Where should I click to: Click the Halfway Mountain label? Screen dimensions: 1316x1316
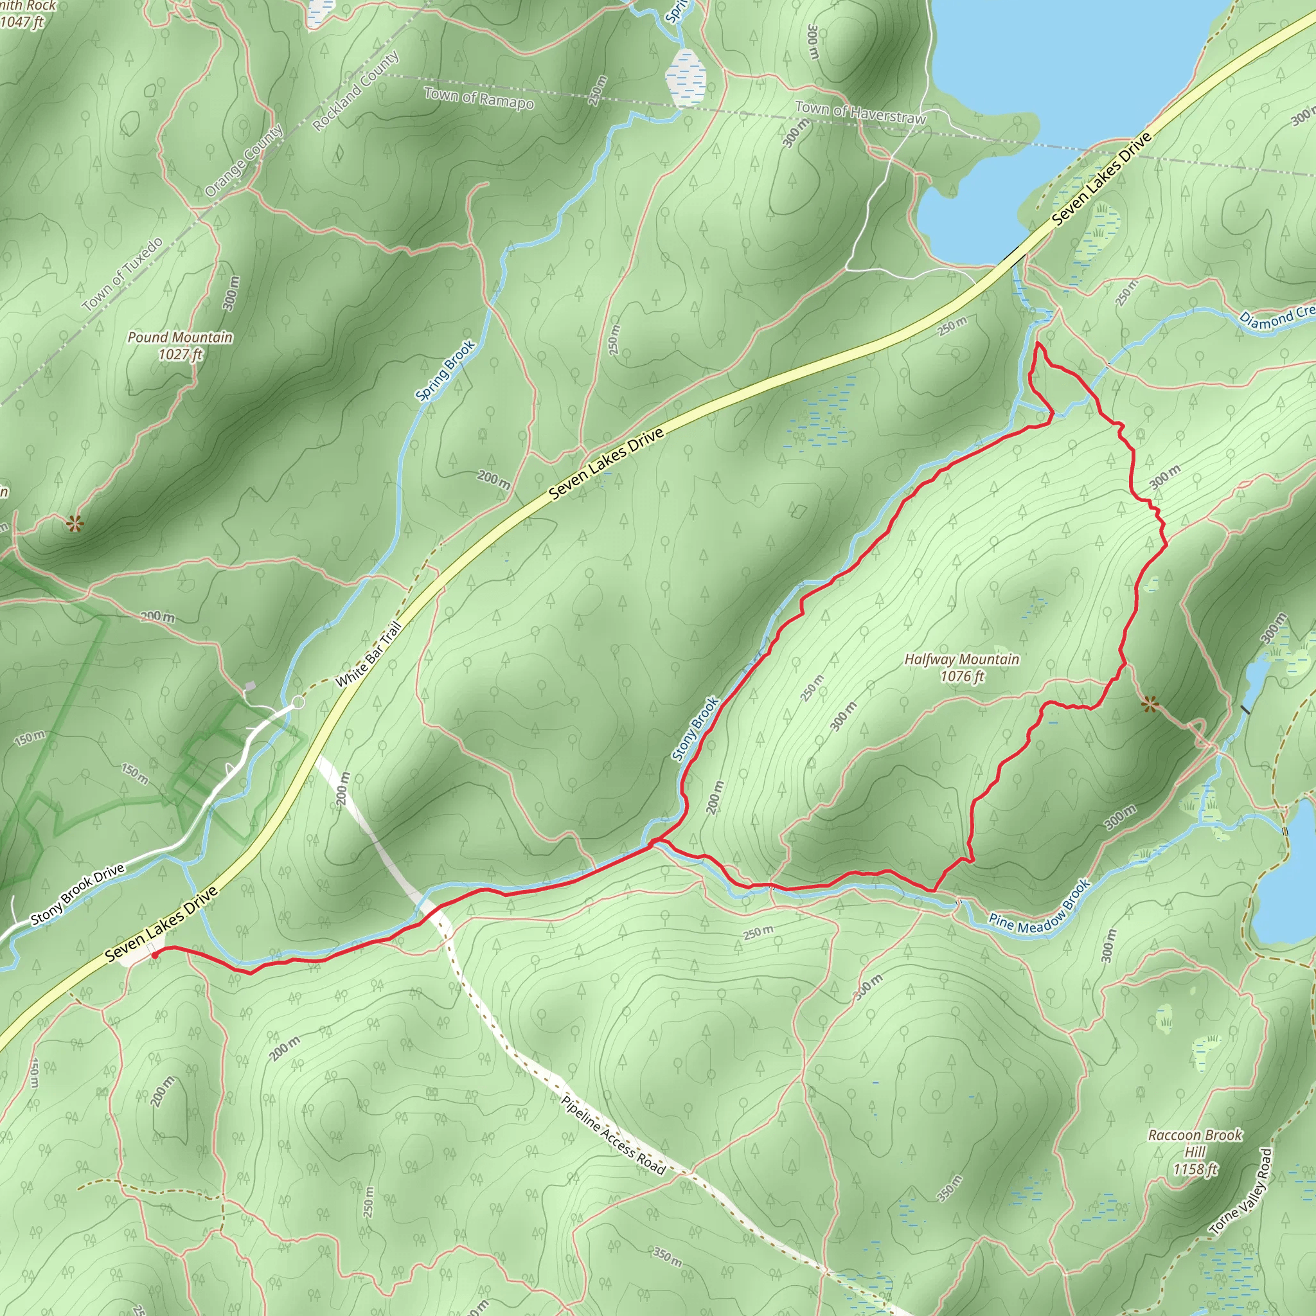961,668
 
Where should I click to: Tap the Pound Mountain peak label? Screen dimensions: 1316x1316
180,345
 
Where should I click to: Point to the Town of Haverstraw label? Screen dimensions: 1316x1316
860,112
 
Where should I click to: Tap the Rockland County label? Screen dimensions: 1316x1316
355,91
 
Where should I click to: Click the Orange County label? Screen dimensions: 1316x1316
244,161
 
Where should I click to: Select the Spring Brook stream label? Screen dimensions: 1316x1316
445,371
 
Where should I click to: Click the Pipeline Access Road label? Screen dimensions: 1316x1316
612,1135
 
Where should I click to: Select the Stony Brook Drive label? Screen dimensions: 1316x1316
78,894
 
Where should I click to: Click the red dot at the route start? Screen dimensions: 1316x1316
156,955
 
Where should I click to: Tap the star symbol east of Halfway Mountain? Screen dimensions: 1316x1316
1150,704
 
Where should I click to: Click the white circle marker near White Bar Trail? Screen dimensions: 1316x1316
298,702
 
